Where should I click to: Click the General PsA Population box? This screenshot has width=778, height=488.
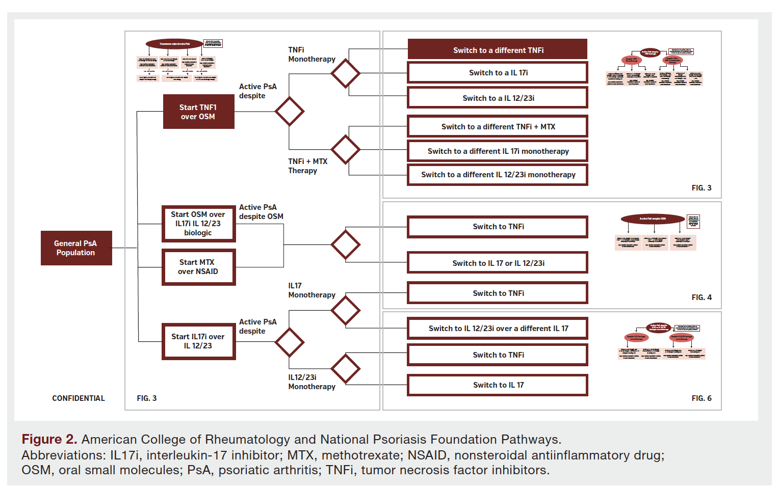click(76, 248)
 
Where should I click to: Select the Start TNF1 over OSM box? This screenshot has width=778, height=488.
click(198, 112)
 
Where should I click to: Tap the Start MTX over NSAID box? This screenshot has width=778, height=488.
click(198, 267)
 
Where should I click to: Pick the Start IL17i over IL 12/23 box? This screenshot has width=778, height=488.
click(198, 341)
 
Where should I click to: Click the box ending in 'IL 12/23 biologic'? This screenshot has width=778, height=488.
click(198, 224)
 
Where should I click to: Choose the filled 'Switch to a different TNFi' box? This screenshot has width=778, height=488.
click(498, 50)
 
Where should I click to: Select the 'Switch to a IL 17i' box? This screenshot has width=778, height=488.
click(498, 73)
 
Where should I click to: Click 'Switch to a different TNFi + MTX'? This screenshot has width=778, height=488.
click(498, 126)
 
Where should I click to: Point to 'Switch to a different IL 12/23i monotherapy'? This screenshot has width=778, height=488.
click(498, 175)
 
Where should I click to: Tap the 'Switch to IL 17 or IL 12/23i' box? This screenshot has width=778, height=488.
click(498, 263)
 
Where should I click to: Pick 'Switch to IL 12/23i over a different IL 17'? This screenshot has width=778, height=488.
click(498, 329)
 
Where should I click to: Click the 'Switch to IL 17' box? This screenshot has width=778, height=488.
click(498, 385)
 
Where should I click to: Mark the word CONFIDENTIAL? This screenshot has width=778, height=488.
click(79, 398)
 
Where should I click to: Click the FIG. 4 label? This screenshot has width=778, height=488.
click(702, 297)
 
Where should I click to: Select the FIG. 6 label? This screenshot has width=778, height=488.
click(702, 398)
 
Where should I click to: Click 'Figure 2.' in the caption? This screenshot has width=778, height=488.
click(49, 439)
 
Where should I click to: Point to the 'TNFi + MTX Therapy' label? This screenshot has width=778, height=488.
click(307, 166)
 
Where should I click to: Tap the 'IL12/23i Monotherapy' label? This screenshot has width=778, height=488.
click(312, 382)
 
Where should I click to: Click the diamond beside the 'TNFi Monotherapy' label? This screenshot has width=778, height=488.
click(346, 73)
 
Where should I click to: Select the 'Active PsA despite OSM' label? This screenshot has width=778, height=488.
click(261, 212)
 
